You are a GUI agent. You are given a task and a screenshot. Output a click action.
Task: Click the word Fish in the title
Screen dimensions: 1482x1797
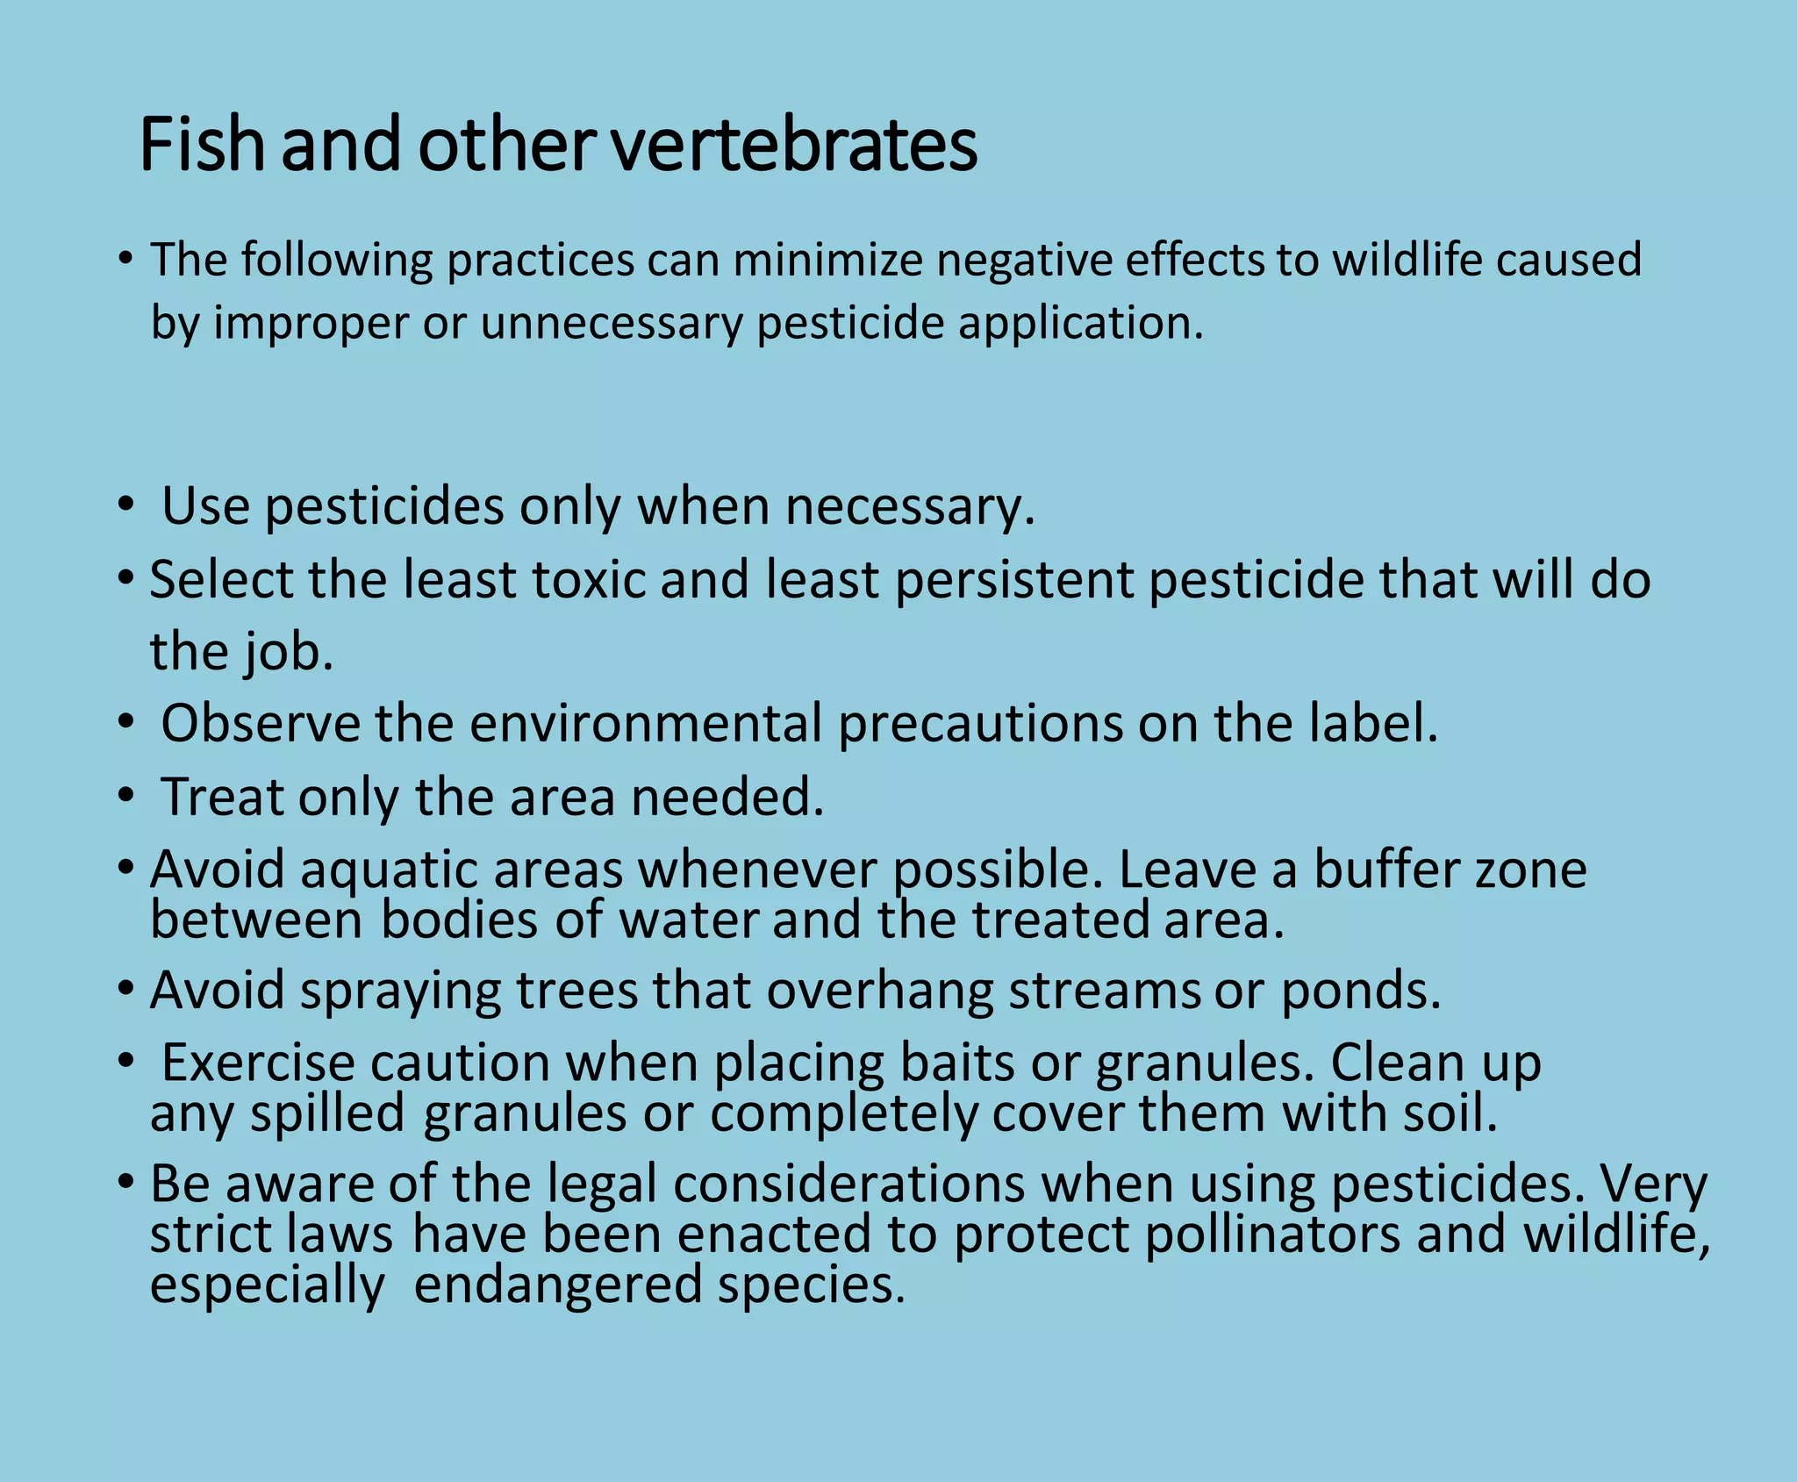[202, 144]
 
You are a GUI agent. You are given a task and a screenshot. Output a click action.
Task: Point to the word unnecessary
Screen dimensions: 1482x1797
[611, 323]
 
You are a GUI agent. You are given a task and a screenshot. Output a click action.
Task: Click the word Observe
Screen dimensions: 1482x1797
[261, 724]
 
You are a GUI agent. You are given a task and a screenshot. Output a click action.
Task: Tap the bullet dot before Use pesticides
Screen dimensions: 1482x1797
[126, 506]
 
